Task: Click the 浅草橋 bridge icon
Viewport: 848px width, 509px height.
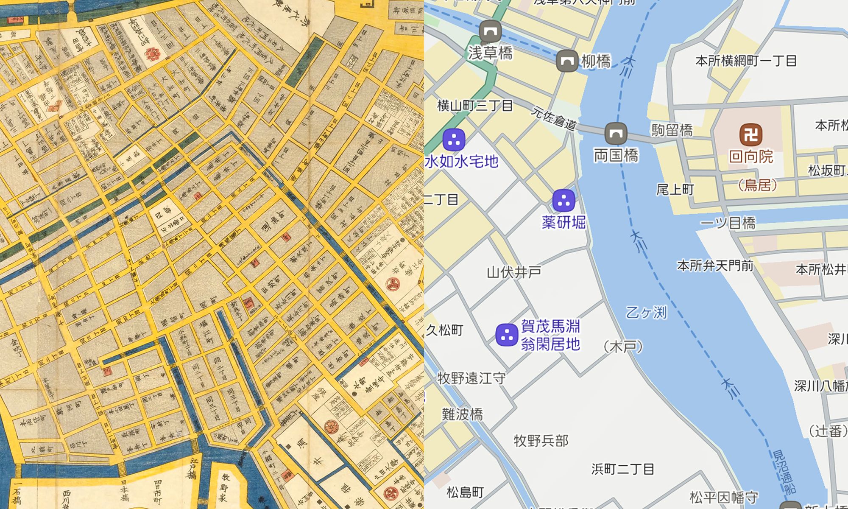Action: [490, 31]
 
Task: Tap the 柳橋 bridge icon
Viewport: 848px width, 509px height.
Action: [567, 61]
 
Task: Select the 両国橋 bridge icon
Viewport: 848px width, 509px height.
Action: [616, 134]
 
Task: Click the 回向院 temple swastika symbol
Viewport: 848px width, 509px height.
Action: [751, 135]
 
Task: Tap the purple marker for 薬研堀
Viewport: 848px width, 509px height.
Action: [564, 200]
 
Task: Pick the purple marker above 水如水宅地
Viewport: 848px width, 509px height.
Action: [454, 139]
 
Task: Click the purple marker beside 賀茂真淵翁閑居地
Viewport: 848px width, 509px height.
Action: [507, 335]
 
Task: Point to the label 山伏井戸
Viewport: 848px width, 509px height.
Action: [514, 272]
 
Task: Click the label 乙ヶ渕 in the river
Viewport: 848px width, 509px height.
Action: [646, 313]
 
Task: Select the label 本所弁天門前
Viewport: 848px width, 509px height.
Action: [715, 266]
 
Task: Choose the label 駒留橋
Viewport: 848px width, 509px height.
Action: [672, 130]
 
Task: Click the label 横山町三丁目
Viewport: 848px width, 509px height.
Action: [475, 105]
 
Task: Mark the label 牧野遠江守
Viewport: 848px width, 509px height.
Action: [471, 378]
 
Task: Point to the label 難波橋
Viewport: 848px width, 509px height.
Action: [462, 414]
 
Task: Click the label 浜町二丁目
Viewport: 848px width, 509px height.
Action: [622, 469]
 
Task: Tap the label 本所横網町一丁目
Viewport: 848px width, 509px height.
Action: [746, 61]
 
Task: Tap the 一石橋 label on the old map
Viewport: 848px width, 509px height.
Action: [17, 493]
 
